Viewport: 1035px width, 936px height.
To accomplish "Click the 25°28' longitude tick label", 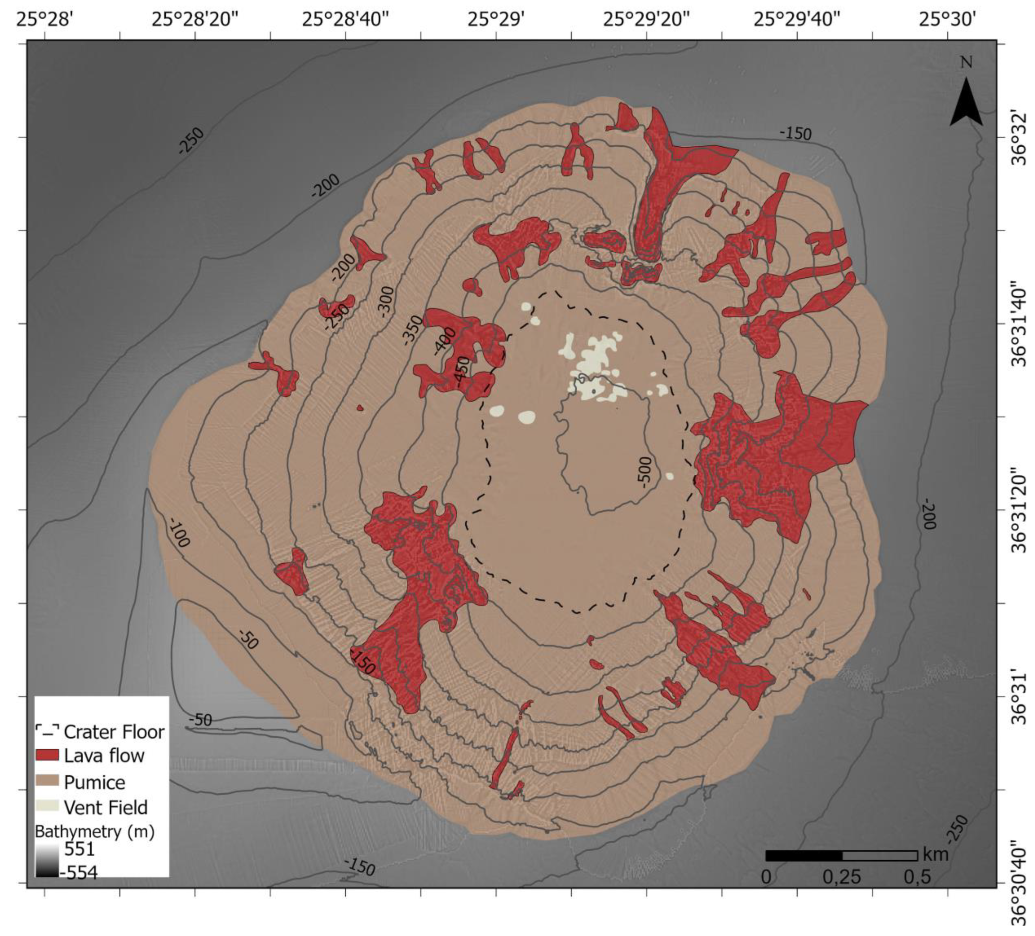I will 46,19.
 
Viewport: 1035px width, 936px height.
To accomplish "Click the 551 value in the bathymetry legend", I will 79,849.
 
